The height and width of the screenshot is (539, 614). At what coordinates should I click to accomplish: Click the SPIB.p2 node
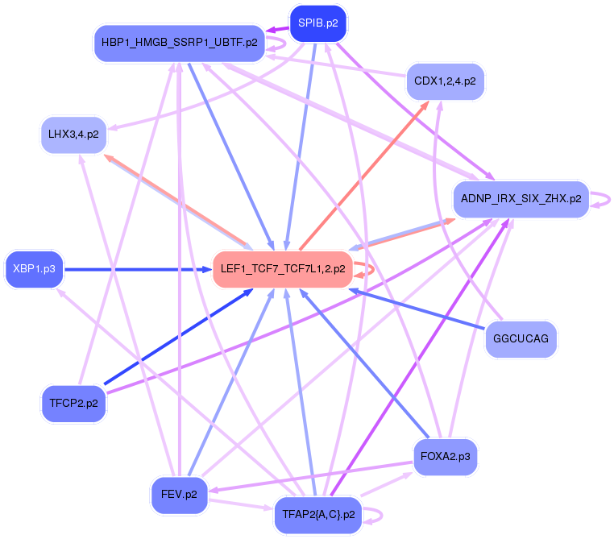point(317,23)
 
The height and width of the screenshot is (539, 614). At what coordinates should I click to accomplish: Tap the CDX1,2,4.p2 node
point(445,82)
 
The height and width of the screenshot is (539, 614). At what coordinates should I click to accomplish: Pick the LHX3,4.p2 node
point(73,135)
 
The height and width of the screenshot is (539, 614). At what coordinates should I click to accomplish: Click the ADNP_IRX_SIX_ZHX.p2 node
point(521,198)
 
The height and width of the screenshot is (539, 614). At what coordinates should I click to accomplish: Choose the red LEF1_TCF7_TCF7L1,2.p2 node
point(281,269)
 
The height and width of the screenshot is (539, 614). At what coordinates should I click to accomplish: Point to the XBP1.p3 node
point(34,269)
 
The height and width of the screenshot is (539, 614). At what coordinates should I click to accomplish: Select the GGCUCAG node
point(521,338)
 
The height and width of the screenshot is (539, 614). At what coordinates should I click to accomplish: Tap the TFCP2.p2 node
point(73,404)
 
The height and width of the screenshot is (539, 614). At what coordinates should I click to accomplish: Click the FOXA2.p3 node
point(445,457)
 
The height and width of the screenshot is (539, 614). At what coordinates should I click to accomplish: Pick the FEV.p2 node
point(179,494)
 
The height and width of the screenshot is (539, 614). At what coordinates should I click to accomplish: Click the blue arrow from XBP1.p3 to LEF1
point(137,269)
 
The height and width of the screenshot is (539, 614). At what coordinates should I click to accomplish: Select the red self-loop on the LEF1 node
point(367,269)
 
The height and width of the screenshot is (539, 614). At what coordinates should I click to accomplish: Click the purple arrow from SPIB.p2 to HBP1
point(278,30)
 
